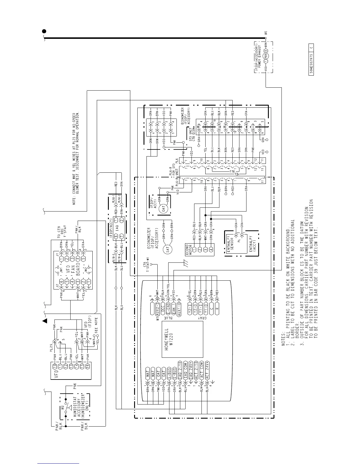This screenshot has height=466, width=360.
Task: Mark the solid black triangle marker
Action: pyautogui.click(x=45, y=321)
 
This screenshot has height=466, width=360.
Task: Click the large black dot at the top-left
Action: pyautogui.click(x=44, y=31)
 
